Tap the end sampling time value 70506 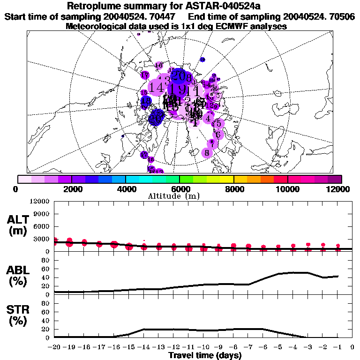click(x=341, y=16)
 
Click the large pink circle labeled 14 click(x=157, y=87)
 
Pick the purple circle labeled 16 click(x=159, y=65)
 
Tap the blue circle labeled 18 click(x=146, y=101)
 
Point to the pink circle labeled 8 click(x=207, y=152)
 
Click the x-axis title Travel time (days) click(x=205, y=356)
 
